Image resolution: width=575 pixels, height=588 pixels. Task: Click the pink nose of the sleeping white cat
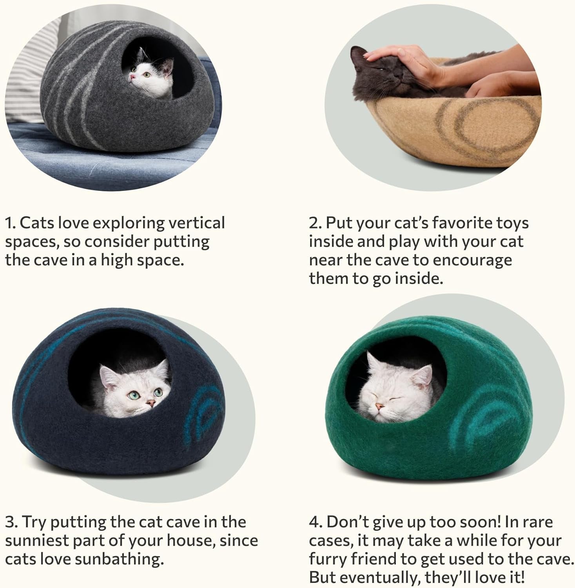378,406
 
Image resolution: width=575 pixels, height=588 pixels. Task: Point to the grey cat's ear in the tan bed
357,53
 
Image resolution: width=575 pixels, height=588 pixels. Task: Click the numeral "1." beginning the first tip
11,223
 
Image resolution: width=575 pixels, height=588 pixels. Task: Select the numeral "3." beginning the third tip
12,522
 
